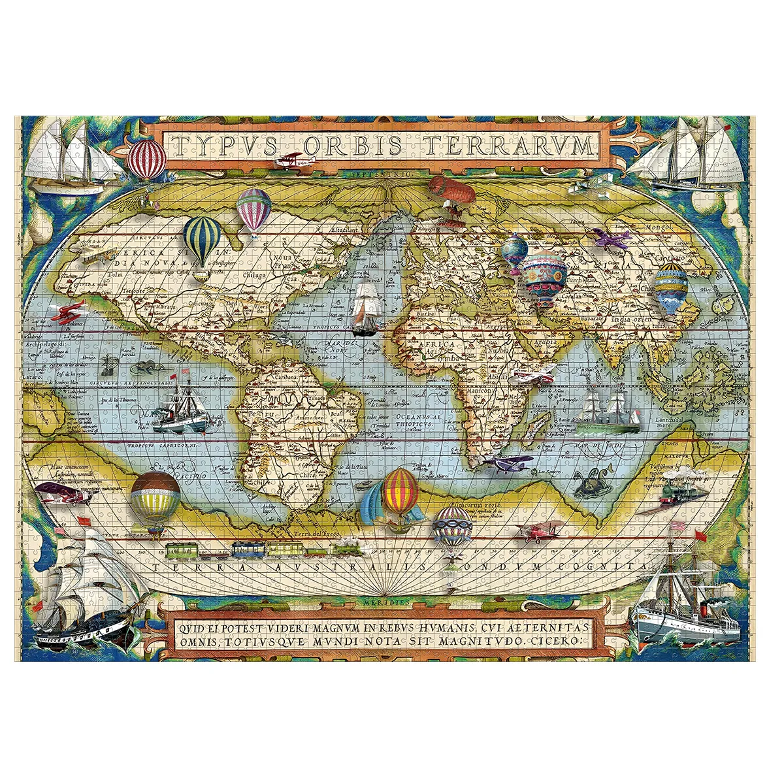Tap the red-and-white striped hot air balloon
pos(147,159)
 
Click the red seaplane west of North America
pos(67,314)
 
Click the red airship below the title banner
pos(451,189)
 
